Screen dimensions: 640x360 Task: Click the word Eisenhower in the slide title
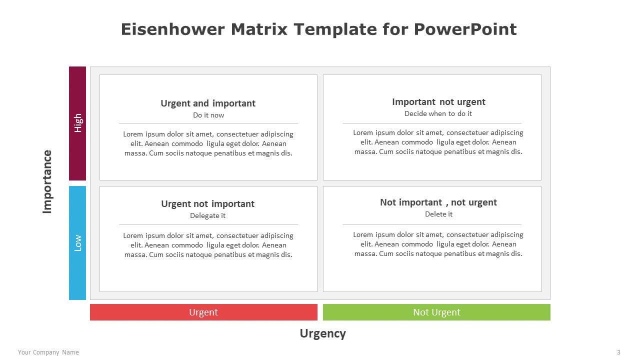[173, 29]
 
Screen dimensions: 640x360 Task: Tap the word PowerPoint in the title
[465, 29]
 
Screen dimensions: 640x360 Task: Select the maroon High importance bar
[77, 123]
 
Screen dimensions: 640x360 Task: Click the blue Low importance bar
[77, 243]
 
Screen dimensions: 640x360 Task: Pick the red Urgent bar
[203, 312]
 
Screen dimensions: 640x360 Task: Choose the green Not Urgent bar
[436, 312]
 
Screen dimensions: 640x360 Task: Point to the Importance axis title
[47, 181]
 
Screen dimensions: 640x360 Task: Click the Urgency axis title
[323, 333]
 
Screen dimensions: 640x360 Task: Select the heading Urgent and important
[208, 103]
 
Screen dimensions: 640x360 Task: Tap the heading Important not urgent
[438, 101]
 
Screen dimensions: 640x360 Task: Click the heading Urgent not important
[207, 203]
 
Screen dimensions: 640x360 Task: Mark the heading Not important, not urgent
[438, 202]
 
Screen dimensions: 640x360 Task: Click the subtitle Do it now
[208, 115]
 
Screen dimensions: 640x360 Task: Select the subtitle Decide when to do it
[438, 113]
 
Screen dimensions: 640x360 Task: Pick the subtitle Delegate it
[207, 215]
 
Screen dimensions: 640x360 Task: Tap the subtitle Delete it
[438, 214]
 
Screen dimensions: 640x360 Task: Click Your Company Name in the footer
[48, 352]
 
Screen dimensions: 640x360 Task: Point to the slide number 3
[618, 352]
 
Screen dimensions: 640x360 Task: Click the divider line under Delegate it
[208, 225]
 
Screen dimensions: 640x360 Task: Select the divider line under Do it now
[208, 123]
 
